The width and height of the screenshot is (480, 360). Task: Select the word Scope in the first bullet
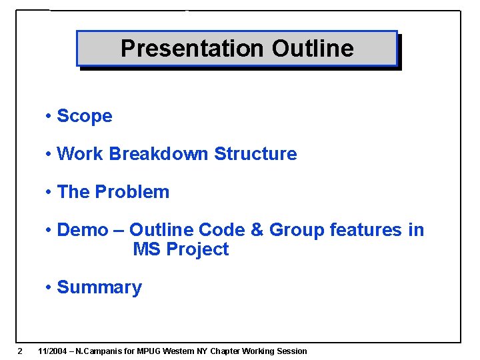85,116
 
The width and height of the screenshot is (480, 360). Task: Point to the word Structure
255,154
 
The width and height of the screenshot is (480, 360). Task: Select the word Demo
83,230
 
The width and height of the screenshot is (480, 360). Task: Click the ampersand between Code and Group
257,230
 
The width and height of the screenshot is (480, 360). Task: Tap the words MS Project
181,249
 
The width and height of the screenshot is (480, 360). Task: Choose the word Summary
99,287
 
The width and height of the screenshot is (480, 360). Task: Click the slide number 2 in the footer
20,351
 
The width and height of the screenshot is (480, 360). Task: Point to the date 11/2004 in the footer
54,351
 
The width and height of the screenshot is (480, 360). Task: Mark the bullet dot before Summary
49,287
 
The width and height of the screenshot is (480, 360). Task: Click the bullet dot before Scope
49,116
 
